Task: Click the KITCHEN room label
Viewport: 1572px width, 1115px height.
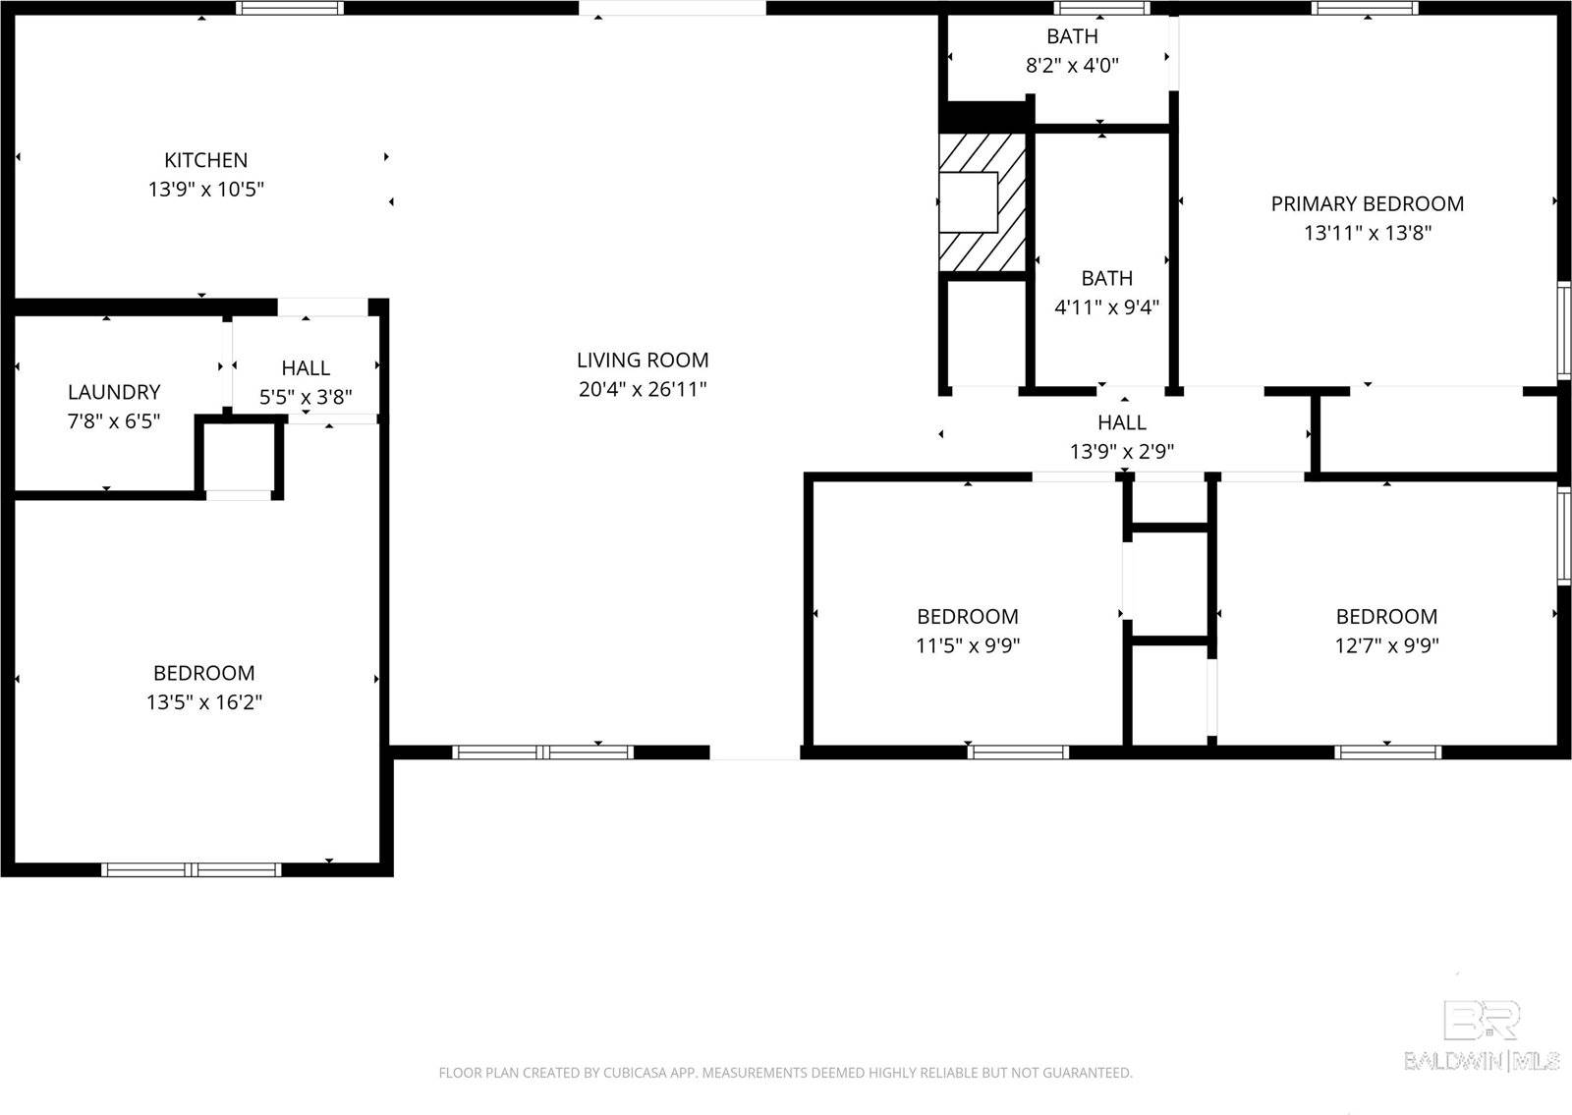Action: [205, 159]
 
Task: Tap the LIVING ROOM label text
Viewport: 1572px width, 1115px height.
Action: [643, 360]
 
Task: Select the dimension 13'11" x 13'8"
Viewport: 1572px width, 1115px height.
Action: [1368, 233]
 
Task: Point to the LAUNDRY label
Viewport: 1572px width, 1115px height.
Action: [114, 392]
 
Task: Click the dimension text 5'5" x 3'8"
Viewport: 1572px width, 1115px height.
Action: [306, 397]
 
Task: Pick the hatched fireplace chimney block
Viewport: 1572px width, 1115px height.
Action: [982, 202]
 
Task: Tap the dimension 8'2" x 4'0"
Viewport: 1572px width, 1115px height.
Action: [1072, 66]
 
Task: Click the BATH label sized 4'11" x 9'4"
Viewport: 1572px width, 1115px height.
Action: [1106, 278]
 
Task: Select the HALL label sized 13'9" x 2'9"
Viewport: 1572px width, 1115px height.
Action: [1122, 422]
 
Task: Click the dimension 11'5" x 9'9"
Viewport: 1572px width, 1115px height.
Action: [968, 645]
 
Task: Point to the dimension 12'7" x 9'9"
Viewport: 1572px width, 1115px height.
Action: [1386, 645]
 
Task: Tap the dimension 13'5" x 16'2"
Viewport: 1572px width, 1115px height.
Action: [204, 702]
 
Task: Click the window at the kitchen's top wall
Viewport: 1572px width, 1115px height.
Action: [290, 8]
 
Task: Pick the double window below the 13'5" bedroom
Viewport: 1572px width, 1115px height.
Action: [192, 869]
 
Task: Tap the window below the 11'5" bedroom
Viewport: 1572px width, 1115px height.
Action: [1018, 753]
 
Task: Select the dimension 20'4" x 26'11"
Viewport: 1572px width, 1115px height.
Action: [643, 389]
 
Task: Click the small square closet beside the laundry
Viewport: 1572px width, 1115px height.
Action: [240, 457]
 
